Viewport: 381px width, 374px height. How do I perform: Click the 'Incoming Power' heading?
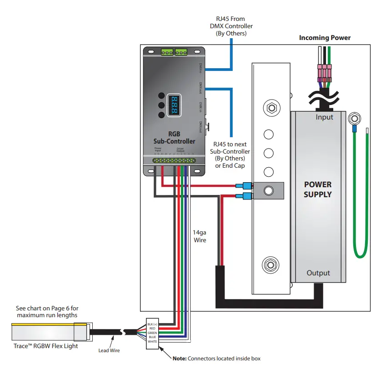(x=325, y=38)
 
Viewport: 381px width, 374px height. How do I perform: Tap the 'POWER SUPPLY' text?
(x=318, y=189)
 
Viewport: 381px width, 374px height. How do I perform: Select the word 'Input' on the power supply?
(x=325, y=117)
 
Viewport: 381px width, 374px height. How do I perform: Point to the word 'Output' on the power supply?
(x=318, y=273)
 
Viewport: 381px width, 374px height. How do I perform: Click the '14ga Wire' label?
(x=200, y=236)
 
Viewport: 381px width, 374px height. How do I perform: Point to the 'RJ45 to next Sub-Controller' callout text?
(x=232, y=155)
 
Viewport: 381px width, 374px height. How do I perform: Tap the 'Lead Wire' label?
(x=109, y=350)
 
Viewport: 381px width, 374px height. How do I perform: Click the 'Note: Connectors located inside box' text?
(x=216, y=359)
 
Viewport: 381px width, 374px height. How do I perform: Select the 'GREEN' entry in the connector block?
(x=152, y=333)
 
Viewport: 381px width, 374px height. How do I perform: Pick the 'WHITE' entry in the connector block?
(x=152, y=341)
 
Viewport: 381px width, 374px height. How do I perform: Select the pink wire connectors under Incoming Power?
(x=324, y=71)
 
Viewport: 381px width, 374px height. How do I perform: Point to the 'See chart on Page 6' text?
(x=46, y=308)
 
